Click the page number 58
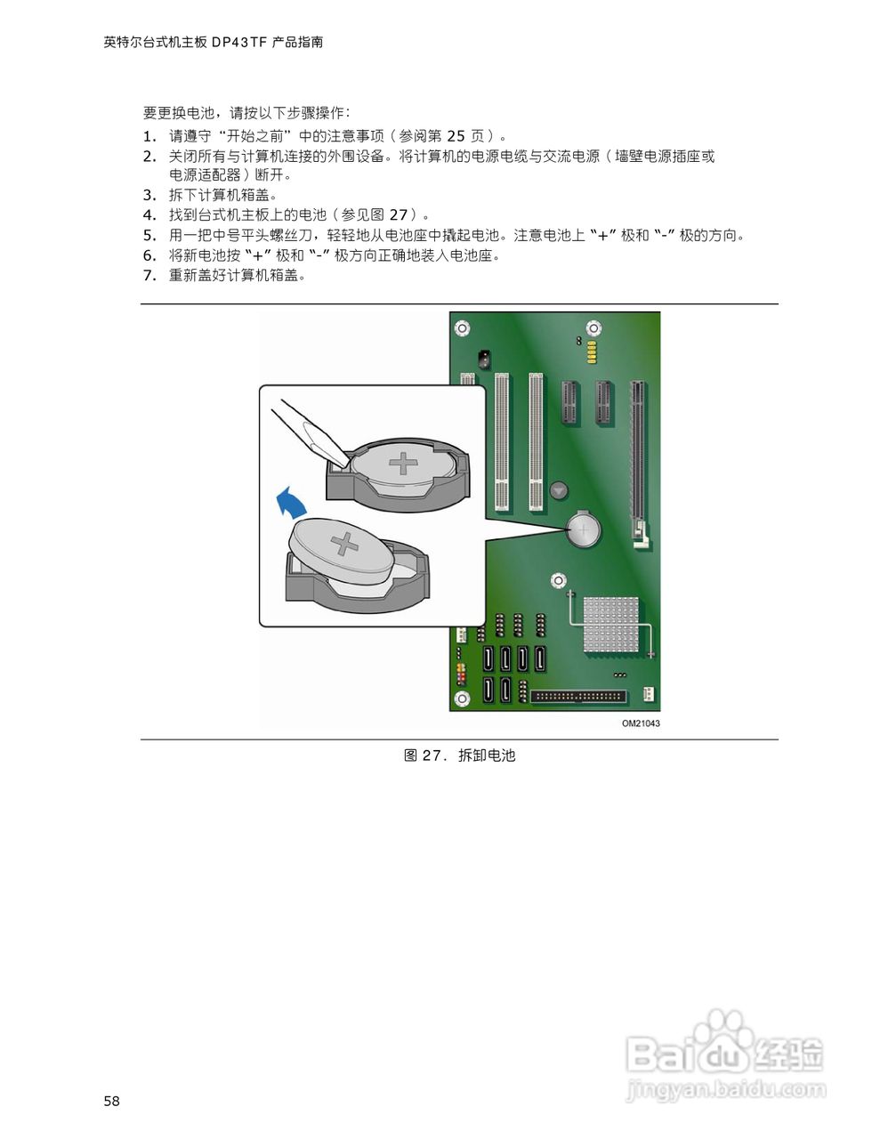[111, 1102]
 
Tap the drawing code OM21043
[641, 723]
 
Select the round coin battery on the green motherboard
[584, 531]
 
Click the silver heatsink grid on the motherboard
[611, 622]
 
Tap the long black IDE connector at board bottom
[578, 697]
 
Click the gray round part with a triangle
[559, 490]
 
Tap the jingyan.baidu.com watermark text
[726, 1089]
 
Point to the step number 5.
[149, 236]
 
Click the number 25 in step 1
[456, 136]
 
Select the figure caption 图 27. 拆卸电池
[460, 755]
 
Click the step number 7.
[149, 275]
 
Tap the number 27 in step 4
[398, 214]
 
